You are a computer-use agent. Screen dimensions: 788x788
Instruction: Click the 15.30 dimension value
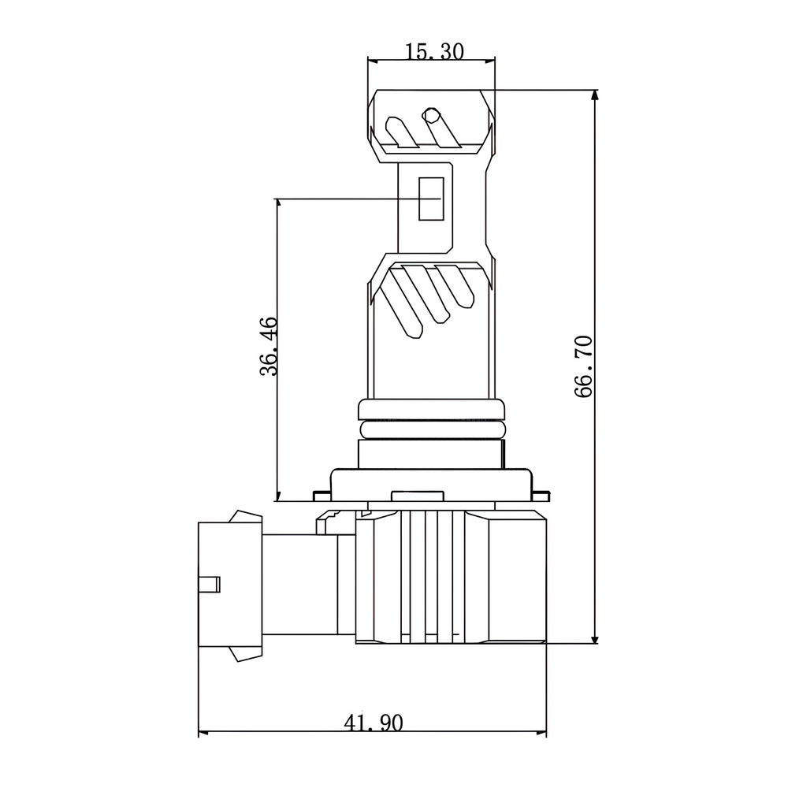tap(434, 51)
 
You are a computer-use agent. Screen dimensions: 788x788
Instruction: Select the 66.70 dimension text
tap(583, 367)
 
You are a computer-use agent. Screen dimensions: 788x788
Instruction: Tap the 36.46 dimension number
tap(269, 346)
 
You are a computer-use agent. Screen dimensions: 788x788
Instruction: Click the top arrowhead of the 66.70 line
tap(595, 95)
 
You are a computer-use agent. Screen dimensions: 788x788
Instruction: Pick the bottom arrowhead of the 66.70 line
tap(595, 637)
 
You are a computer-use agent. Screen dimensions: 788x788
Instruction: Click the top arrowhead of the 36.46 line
tap(277, 204)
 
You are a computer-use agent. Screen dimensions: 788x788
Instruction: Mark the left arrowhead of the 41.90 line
tap(204, 732)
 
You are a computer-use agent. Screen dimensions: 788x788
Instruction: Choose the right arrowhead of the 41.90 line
tap(541, 732)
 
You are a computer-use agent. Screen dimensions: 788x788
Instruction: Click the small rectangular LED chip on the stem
tap(432, 199)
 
